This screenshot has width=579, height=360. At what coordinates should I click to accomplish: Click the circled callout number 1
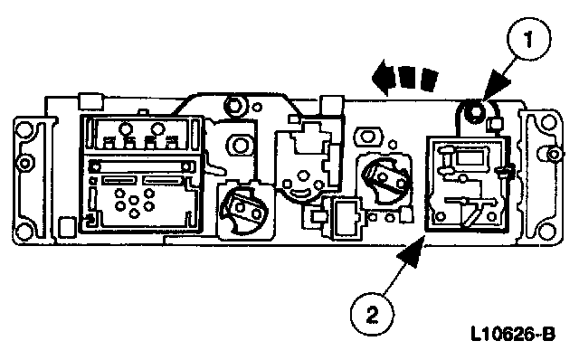click(x=528, y=39)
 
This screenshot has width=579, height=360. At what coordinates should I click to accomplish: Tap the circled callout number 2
click(x=372, y=315)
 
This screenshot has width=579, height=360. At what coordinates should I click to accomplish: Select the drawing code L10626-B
click(x=513, y=335)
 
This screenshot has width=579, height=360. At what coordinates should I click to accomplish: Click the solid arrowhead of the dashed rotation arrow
click(x=383, y=78)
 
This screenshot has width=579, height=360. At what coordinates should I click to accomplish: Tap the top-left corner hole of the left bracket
click(x=24, y=128)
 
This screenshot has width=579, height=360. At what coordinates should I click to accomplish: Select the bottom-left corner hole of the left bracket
click(x=23, y=232)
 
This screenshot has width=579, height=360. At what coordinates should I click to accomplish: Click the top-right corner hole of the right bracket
click(x=548, y=122)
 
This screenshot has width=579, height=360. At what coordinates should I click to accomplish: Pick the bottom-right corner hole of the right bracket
click(x=547, y=232)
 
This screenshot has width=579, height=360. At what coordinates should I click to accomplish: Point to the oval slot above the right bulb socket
click(x=367, y=137)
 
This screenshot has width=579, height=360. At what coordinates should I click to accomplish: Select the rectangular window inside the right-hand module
click(x=470, y=157)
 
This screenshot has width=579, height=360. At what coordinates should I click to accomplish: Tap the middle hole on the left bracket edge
click(x=24, y=163)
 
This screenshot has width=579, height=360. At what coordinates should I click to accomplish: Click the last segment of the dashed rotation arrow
click(x=429, y=79)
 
